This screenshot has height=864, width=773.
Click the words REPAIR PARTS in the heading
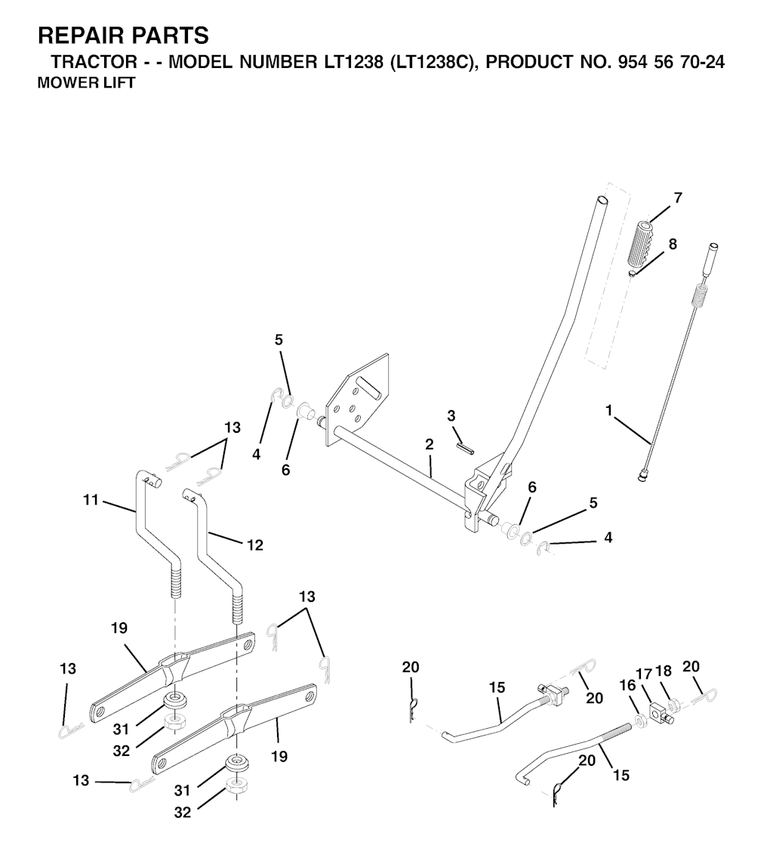(123, 35)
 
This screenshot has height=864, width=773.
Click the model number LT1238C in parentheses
(433, 62)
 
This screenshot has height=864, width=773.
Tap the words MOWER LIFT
(87, 83)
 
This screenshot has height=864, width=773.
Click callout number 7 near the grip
(678, 197)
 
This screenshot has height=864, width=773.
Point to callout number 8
(673, 243)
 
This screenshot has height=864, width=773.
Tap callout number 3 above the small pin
(451, 415)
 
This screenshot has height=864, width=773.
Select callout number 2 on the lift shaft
(430, 444)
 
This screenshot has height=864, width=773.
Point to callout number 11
(91, 500)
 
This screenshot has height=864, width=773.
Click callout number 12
(255, 545)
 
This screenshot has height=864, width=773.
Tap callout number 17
(644, 674)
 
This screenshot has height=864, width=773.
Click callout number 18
(664, 671)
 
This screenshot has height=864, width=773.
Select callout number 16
(627, 685)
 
